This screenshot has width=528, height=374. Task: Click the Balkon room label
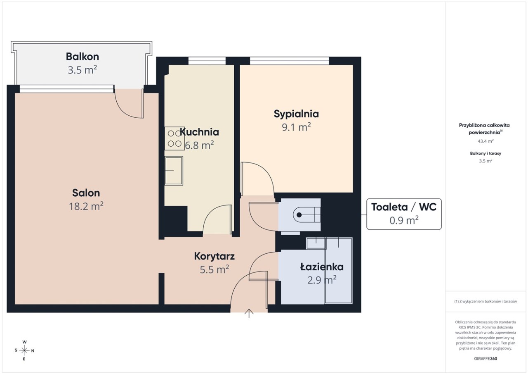click(82, 57)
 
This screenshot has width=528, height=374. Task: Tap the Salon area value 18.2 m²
click(86, 206)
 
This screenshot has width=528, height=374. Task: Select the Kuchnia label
click(199, 132)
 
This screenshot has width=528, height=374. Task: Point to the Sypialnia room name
click(296, 114)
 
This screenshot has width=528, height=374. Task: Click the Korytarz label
click(214, 257)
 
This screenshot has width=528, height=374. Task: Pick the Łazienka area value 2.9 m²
click(322, 280)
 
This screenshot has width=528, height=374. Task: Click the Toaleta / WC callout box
click(404, 214)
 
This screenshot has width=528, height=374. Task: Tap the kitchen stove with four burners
click(174, 138)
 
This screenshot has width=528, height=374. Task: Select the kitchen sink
click(174, 171)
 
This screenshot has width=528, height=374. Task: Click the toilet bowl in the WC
click(306, 215)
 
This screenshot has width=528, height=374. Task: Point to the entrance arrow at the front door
click(249, 313)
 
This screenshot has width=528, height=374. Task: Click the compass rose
click(24, 350)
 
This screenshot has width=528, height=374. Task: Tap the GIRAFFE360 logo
click(486, 358)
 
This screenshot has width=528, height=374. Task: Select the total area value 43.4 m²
click(486, 141)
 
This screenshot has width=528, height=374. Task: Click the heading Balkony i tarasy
click(486, 153)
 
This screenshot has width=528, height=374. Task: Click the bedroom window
click(290, 61)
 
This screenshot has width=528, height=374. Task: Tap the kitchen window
click(207, 61)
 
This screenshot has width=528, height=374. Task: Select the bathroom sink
click(316, 243)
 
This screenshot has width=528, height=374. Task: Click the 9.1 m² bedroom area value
click(296, 127)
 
